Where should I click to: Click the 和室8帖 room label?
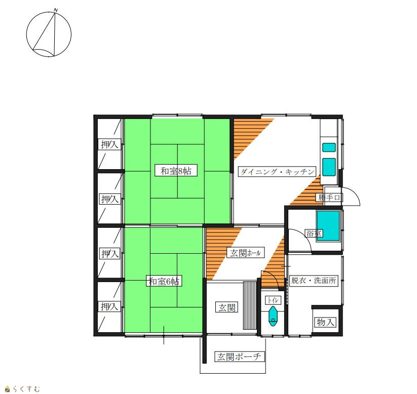(x=176, y=171)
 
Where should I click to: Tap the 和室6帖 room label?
(x=164, y=281)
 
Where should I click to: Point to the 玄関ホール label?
(x=245, y=253)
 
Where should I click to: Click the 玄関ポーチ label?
(x=240, y=357)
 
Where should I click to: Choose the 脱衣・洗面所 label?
(x=314, y=281)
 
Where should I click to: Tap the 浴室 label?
(x=314, y=233)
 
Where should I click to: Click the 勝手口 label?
(x=329, y=198)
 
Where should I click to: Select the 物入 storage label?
(x=325, y=323)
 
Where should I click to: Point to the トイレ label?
(x=273, y=300)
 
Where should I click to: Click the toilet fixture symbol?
(x=273, y=316)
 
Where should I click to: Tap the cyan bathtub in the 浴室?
(x=328, y=226)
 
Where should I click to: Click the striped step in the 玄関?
(x=250, y=305)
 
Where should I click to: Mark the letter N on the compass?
(x=56, y=10)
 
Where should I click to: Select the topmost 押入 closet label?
(x=109, y=144)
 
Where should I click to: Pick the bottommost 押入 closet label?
(x=109, y=306)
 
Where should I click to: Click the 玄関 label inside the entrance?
(x=227, y=307)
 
